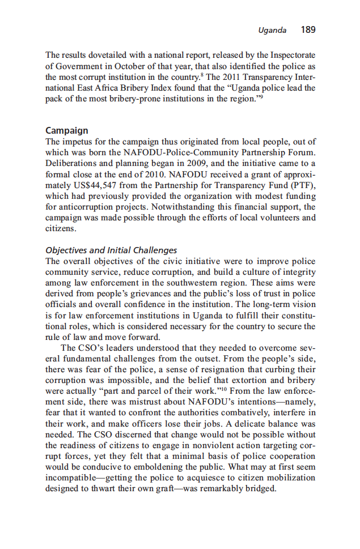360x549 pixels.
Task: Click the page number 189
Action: coord(308,29)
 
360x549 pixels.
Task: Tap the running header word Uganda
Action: coord(272,30)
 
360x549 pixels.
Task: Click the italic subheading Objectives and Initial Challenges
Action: coord(111,250)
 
